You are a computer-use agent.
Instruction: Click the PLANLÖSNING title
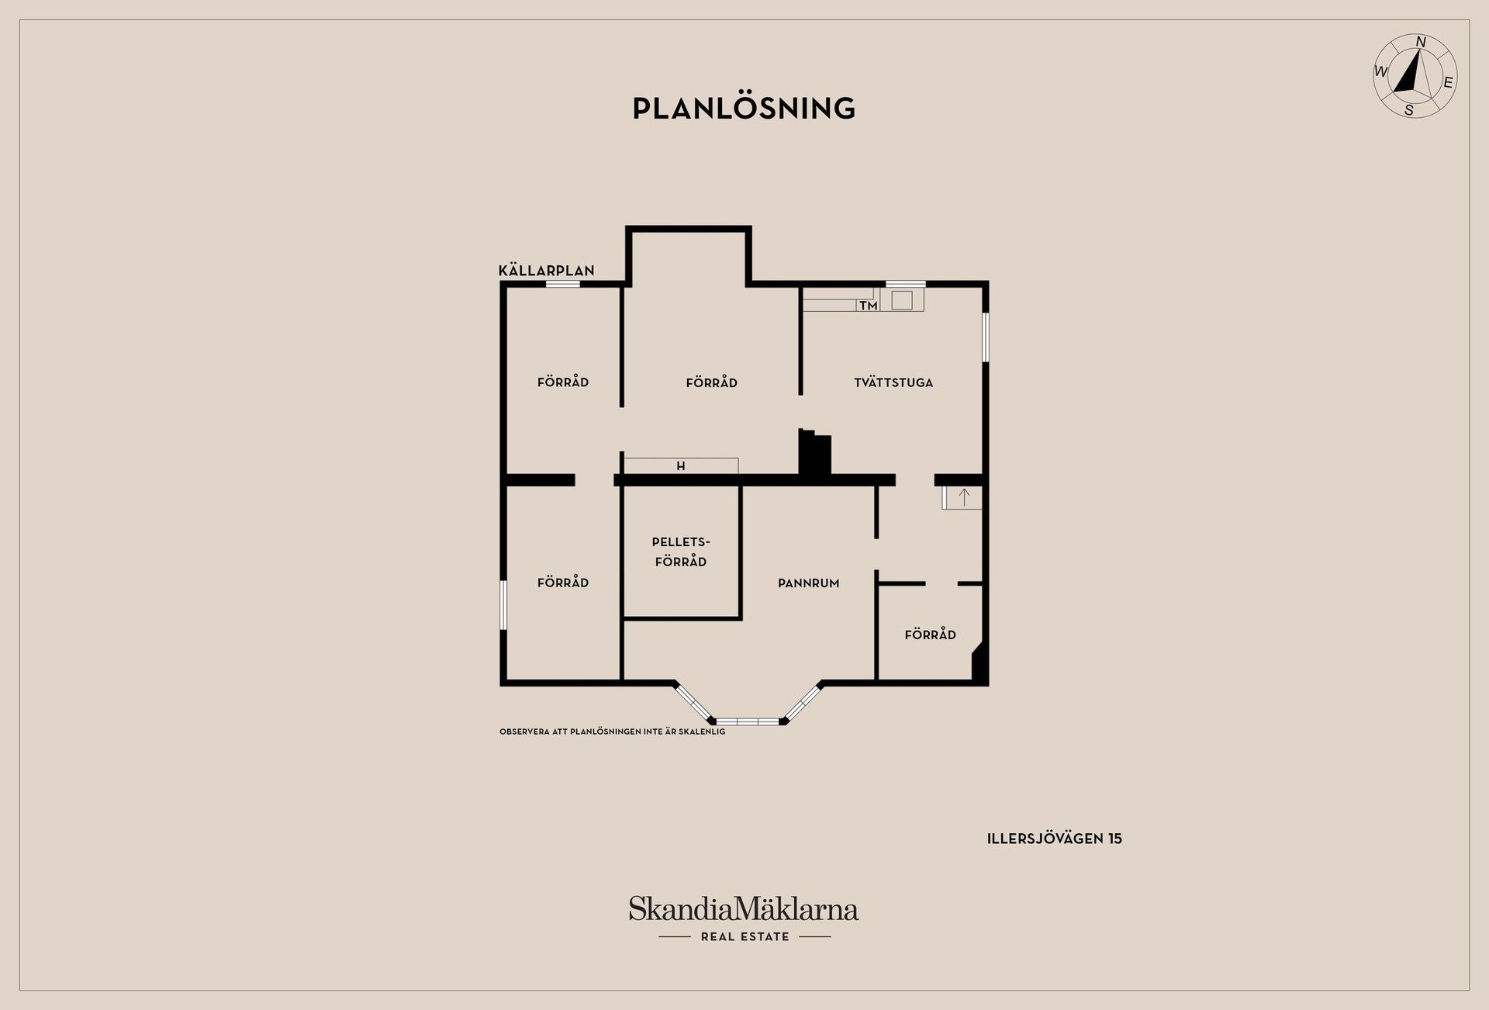(744, 109)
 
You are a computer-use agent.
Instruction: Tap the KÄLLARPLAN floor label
(546, 270)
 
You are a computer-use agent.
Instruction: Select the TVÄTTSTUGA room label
(893, 382)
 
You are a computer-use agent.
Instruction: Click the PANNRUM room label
(809, 583)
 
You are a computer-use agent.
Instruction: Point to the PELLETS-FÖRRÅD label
(681, 552)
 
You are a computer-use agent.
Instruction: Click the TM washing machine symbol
(869, 306)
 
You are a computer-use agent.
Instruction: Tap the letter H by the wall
(681, 466)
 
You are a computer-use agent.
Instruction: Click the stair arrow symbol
(964, 497)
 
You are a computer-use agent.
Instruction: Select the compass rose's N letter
(1421, 42)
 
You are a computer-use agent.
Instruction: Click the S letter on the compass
(1409, 110)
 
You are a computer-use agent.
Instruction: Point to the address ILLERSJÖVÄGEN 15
(1054, 839)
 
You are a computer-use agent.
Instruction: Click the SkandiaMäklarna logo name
(744, 908)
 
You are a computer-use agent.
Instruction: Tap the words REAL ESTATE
(744, 936)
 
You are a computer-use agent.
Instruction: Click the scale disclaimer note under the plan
(613, 732)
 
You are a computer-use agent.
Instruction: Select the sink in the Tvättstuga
(902, 299)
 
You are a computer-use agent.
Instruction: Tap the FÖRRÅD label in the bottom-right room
(930, 635)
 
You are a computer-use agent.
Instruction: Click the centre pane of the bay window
(748, 721)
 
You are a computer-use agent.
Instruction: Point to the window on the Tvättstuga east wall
(985, 337)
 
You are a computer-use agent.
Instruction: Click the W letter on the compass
(1381, 72)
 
